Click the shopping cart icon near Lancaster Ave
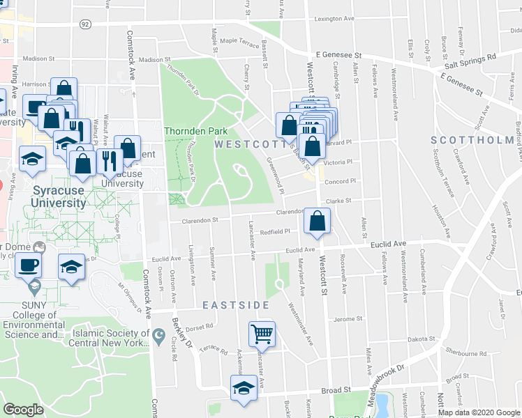(x=262, y=333)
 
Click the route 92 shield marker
(x=85, y=24)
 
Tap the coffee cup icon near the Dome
(x=28, y=265)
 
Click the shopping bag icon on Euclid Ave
(x=318, y=221)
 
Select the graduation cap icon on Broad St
(x=244, y=387)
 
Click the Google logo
(x=23, y=410)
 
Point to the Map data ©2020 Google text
(x=479, y=412)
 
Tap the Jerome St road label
(x=345, y=319)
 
